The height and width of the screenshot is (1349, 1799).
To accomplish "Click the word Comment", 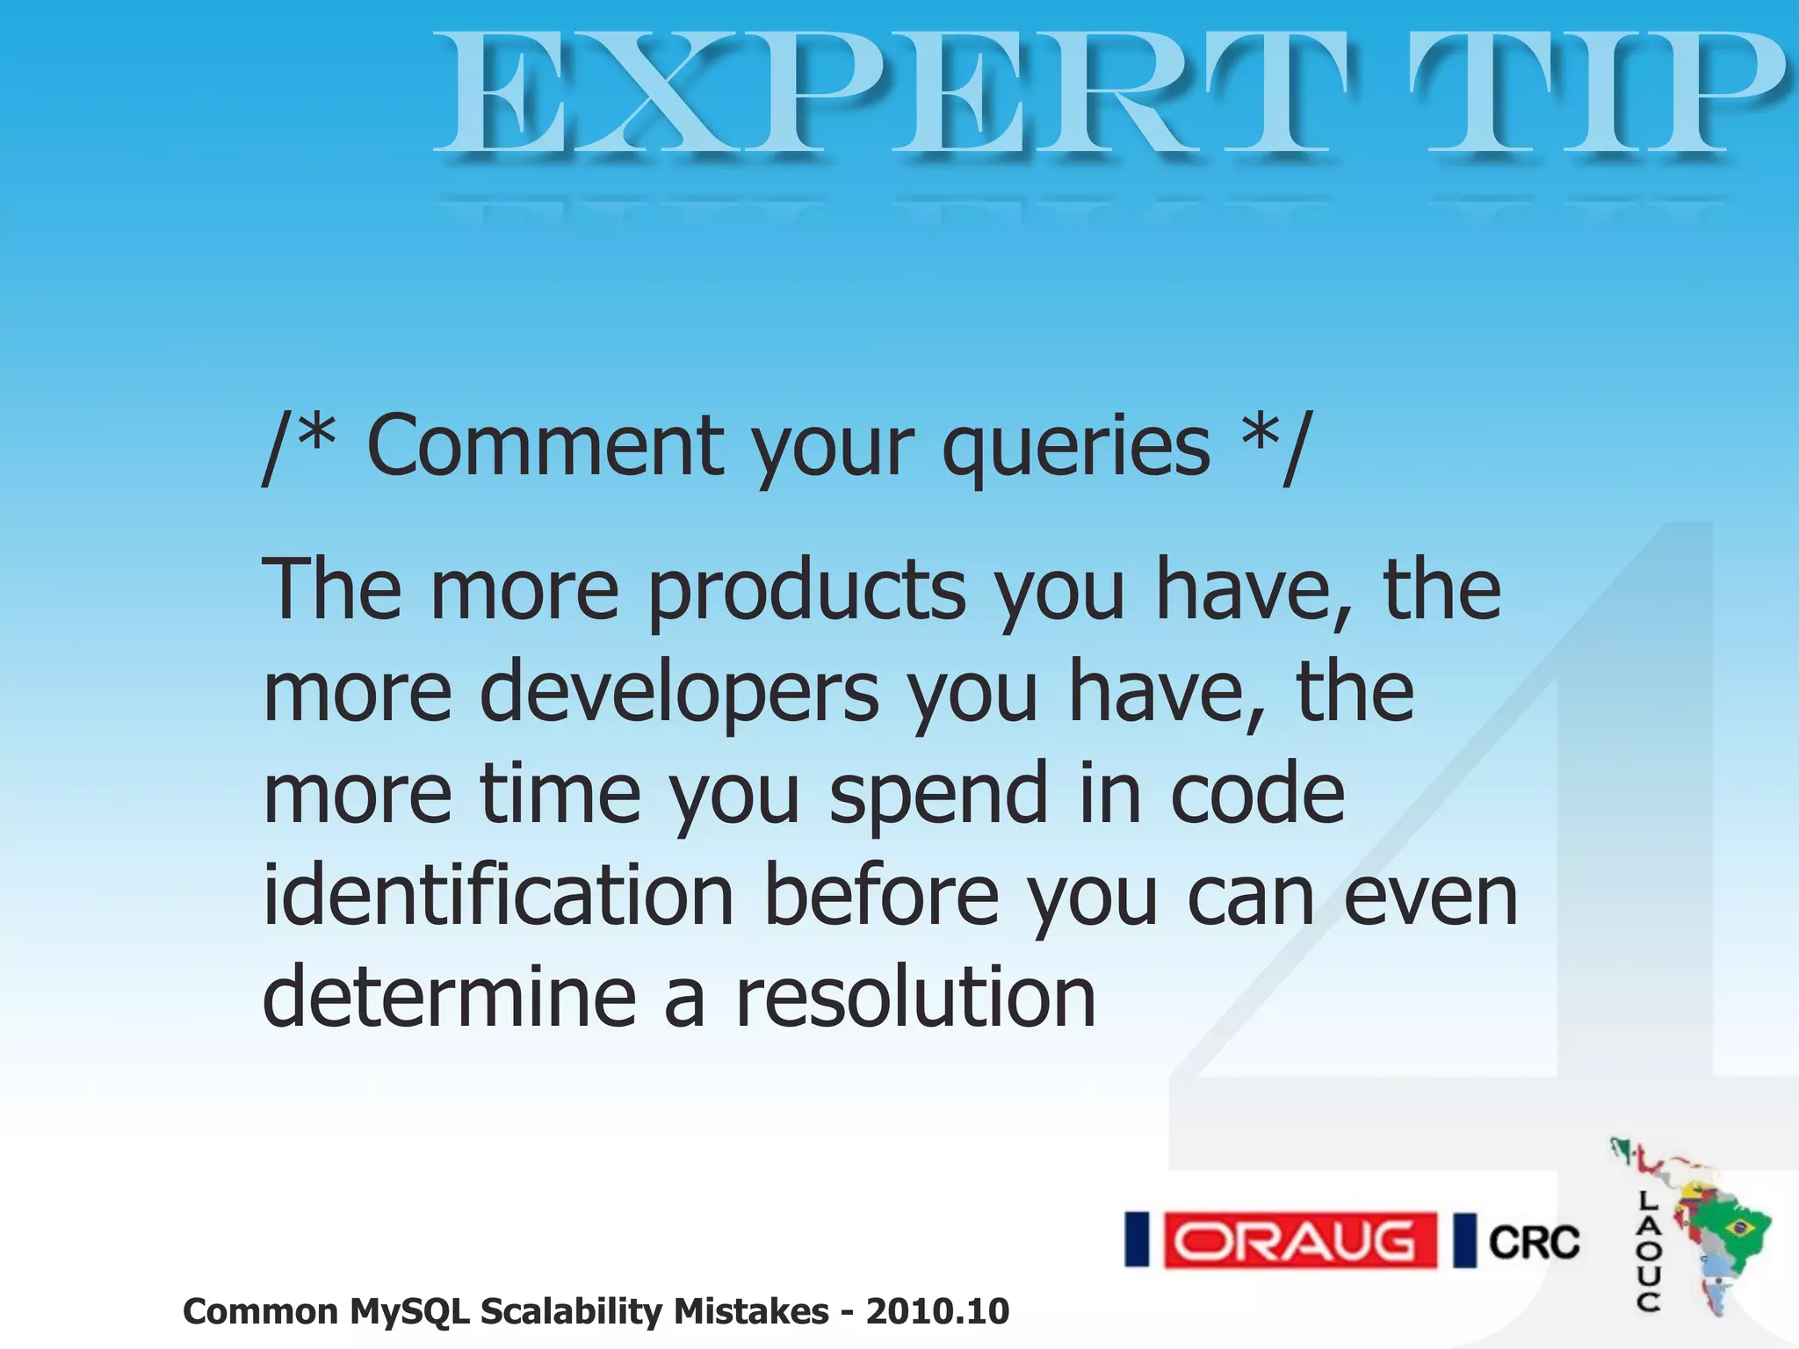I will pos(545,446).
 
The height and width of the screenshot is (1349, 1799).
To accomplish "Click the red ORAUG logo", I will pos(1298,1240).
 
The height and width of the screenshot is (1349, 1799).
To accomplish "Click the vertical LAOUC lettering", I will pos(1649,1251).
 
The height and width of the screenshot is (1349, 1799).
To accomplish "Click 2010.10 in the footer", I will pos(937,1311).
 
